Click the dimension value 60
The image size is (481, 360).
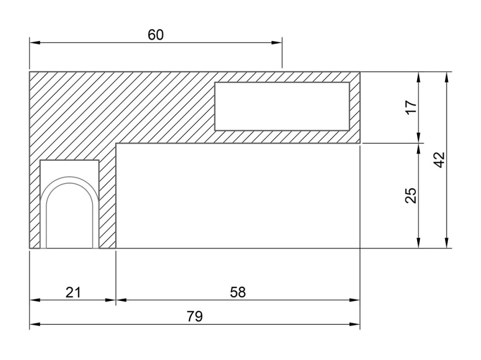click(x=156, y=35)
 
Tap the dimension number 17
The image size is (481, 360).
click(x=411, y=106)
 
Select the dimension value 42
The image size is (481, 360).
click(x=440, y=160)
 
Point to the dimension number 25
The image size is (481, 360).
click(x=411, y=195)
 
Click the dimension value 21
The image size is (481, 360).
click(x=73, y=292)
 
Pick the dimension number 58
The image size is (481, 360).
click(x=238, y=292)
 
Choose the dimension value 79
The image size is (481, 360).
click(x=195, y=316)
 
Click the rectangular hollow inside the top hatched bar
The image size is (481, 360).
click(x=282, y=106)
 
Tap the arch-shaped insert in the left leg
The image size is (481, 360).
click(x=70, y=212)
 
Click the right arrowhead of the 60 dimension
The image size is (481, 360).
click(x=277, y=43)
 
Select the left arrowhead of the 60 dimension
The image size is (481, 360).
click(x=35, y=43)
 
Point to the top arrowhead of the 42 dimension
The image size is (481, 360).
click(x=446, y=77)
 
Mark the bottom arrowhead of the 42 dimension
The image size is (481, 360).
click(x=446, y=242)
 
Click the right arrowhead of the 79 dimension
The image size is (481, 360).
click(x=355, y=324)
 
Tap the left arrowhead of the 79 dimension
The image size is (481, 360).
click(x=35, y=324)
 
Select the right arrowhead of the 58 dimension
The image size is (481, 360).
click(x=355, y=300)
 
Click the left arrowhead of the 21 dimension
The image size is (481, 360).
click(x=35, y=300)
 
